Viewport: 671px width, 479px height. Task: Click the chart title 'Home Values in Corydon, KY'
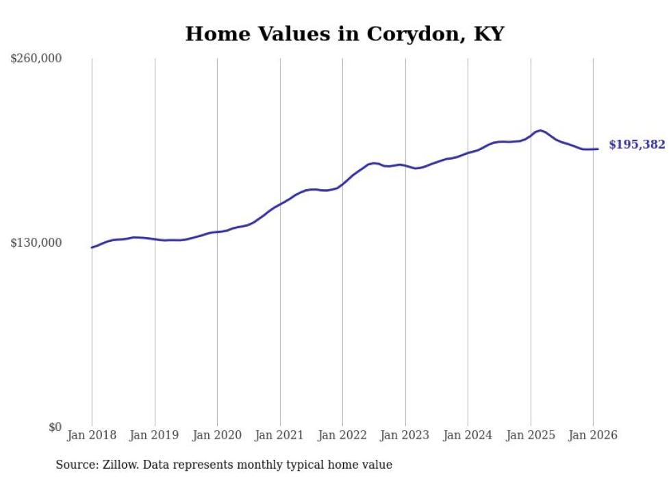344,34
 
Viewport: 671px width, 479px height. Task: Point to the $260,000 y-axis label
36,58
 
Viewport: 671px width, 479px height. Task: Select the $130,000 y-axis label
36,243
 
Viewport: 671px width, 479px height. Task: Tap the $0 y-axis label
55,427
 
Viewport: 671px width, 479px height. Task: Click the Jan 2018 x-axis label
92,435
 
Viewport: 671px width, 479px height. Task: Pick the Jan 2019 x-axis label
155,435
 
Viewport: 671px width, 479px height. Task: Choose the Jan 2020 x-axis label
217,435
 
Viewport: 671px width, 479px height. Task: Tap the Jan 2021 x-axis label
280,435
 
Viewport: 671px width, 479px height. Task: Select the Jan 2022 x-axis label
342,435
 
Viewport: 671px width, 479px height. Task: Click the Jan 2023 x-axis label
405,435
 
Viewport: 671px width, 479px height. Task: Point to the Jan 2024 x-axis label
468,435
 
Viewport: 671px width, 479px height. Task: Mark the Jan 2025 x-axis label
531,435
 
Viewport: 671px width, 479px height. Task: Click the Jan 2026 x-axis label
593,435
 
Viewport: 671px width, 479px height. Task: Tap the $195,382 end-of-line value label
637,145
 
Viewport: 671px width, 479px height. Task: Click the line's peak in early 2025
541,130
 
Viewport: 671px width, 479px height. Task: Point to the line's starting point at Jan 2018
92,247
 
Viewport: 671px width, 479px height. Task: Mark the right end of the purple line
598,149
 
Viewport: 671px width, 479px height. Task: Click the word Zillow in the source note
119,465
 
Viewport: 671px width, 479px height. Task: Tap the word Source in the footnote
74,465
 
